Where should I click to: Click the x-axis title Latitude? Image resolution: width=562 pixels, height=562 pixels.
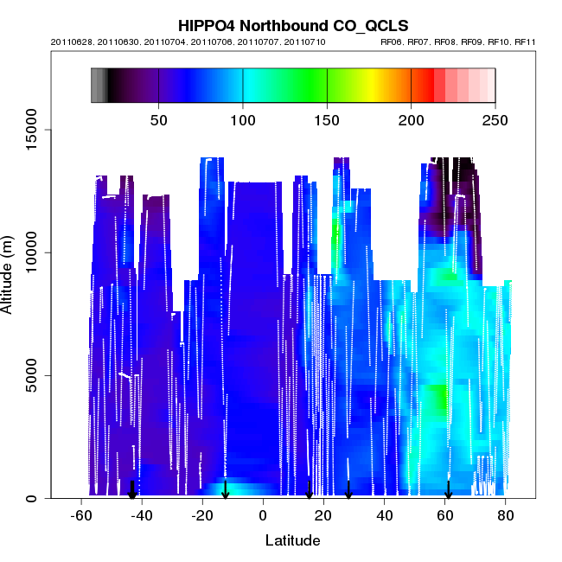click(292, 540)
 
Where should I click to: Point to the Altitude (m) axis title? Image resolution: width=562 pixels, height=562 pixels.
click(16, 270)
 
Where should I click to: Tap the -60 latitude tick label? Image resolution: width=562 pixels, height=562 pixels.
click(81, 516)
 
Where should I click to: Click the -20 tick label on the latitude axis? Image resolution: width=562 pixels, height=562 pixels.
click(202, 516)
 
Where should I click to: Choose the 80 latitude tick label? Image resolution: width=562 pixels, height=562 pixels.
click(506, 516)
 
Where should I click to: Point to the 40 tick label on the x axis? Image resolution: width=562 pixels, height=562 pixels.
click(384, 516)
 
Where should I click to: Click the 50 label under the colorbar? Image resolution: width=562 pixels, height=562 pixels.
click(159, 120)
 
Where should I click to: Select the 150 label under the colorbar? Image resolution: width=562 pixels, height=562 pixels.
click(327, 120)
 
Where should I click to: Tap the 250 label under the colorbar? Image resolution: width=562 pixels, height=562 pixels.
click(495, 120)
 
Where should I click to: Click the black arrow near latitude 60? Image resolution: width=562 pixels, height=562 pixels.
click(448, 489)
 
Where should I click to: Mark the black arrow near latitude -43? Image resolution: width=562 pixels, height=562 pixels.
click(132, 489)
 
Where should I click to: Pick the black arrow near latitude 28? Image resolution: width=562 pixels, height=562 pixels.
click(348, 489)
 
